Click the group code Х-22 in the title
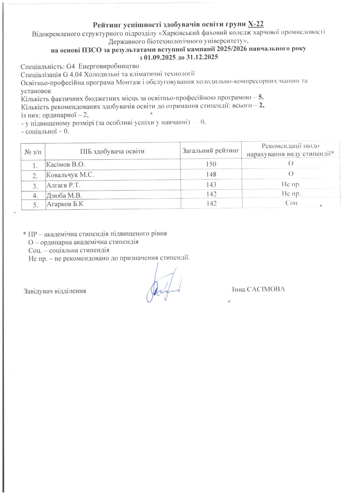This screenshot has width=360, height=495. point(256,24)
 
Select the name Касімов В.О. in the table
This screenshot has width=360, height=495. point(65,164)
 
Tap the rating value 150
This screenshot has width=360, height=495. point(211,164)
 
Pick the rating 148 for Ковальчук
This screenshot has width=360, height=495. point(211,174)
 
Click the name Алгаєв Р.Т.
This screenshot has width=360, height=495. point(63,185)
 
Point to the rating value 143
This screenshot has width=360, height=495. point(211,184)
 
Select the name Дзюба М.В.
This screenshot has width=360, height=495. point(64,195)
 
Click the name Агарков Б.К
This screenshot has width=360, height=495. point(65,204)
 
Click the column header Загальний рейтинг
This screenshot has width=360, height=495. point(211,151)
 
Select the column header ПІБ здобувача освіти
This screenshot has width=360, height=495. point(112,151)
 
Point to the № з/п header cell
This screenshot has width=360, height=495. point(33,152)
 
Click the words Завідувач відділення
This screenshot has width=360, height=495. point(55,291)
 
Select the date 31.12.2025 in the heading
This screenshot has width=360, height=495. point(202,57)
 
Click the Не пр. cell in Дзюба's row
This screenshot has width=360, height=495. point(291,194)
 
